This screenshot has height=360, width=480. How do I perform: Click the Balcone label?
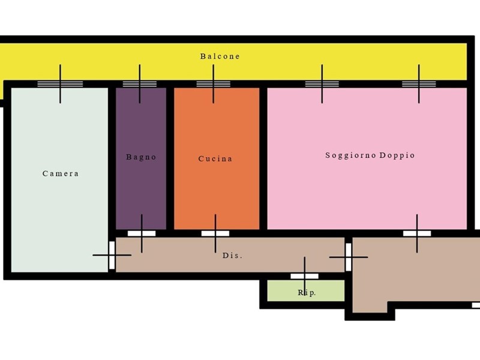point(220,56)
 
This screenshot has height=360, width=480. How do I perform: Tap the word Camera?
point(61,173)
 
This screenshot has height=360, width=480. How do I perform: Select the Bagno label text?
point(141,157)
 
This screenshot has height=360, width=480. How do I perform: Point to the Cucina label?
point(215,158)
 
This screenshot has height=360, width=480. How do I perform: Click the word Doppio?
point(397,155)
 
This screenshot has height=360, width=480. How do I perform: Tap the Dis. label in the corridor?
point(232,256)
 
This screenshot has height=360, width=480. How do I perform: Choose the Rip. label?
point(307,293)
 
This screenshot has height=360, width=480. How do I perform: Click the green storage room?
point(306,290)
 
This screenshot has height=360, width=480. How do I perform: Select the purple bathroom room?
point(141,158)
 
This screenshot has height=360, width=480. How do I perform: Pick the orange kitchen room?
point(217,158)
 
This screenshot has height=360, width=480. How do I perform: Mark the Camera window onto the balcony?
point(60,84)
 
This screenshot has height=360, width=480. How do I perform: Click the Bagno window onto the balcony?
point(140,84)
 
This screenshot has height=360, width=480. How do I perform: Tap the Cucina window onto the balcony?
point(214,84)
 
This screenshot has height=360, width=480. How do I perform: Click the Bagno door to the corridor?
point(142,233)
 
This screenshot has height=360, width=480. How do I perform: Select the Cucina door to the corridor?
point(215,233)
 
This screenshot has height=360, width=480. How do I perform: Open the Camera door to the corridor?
point(112,256)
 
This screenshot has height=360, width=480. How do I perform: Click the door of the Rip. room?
point(304,276)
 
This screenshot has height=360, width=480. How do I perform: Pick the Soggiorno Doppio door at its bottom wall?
point(417,233)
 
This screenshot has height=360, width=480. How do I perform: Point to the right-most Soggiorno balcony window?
point(419,84)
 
